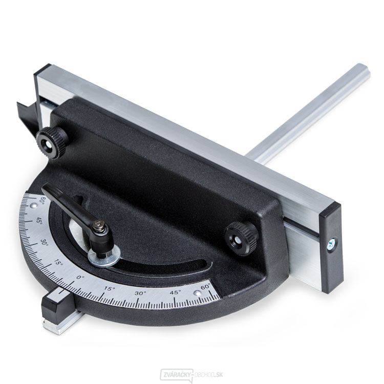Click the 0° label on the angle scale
tap(80, 278)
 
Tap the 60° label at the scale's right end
tap(206, 287)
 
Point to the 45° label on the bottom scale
tap(176, 292)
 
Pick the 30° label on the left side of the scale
tap(45, 242)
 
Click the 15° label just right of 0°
tap(110, 289)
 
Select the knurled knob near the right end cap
tap(242, 238)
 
